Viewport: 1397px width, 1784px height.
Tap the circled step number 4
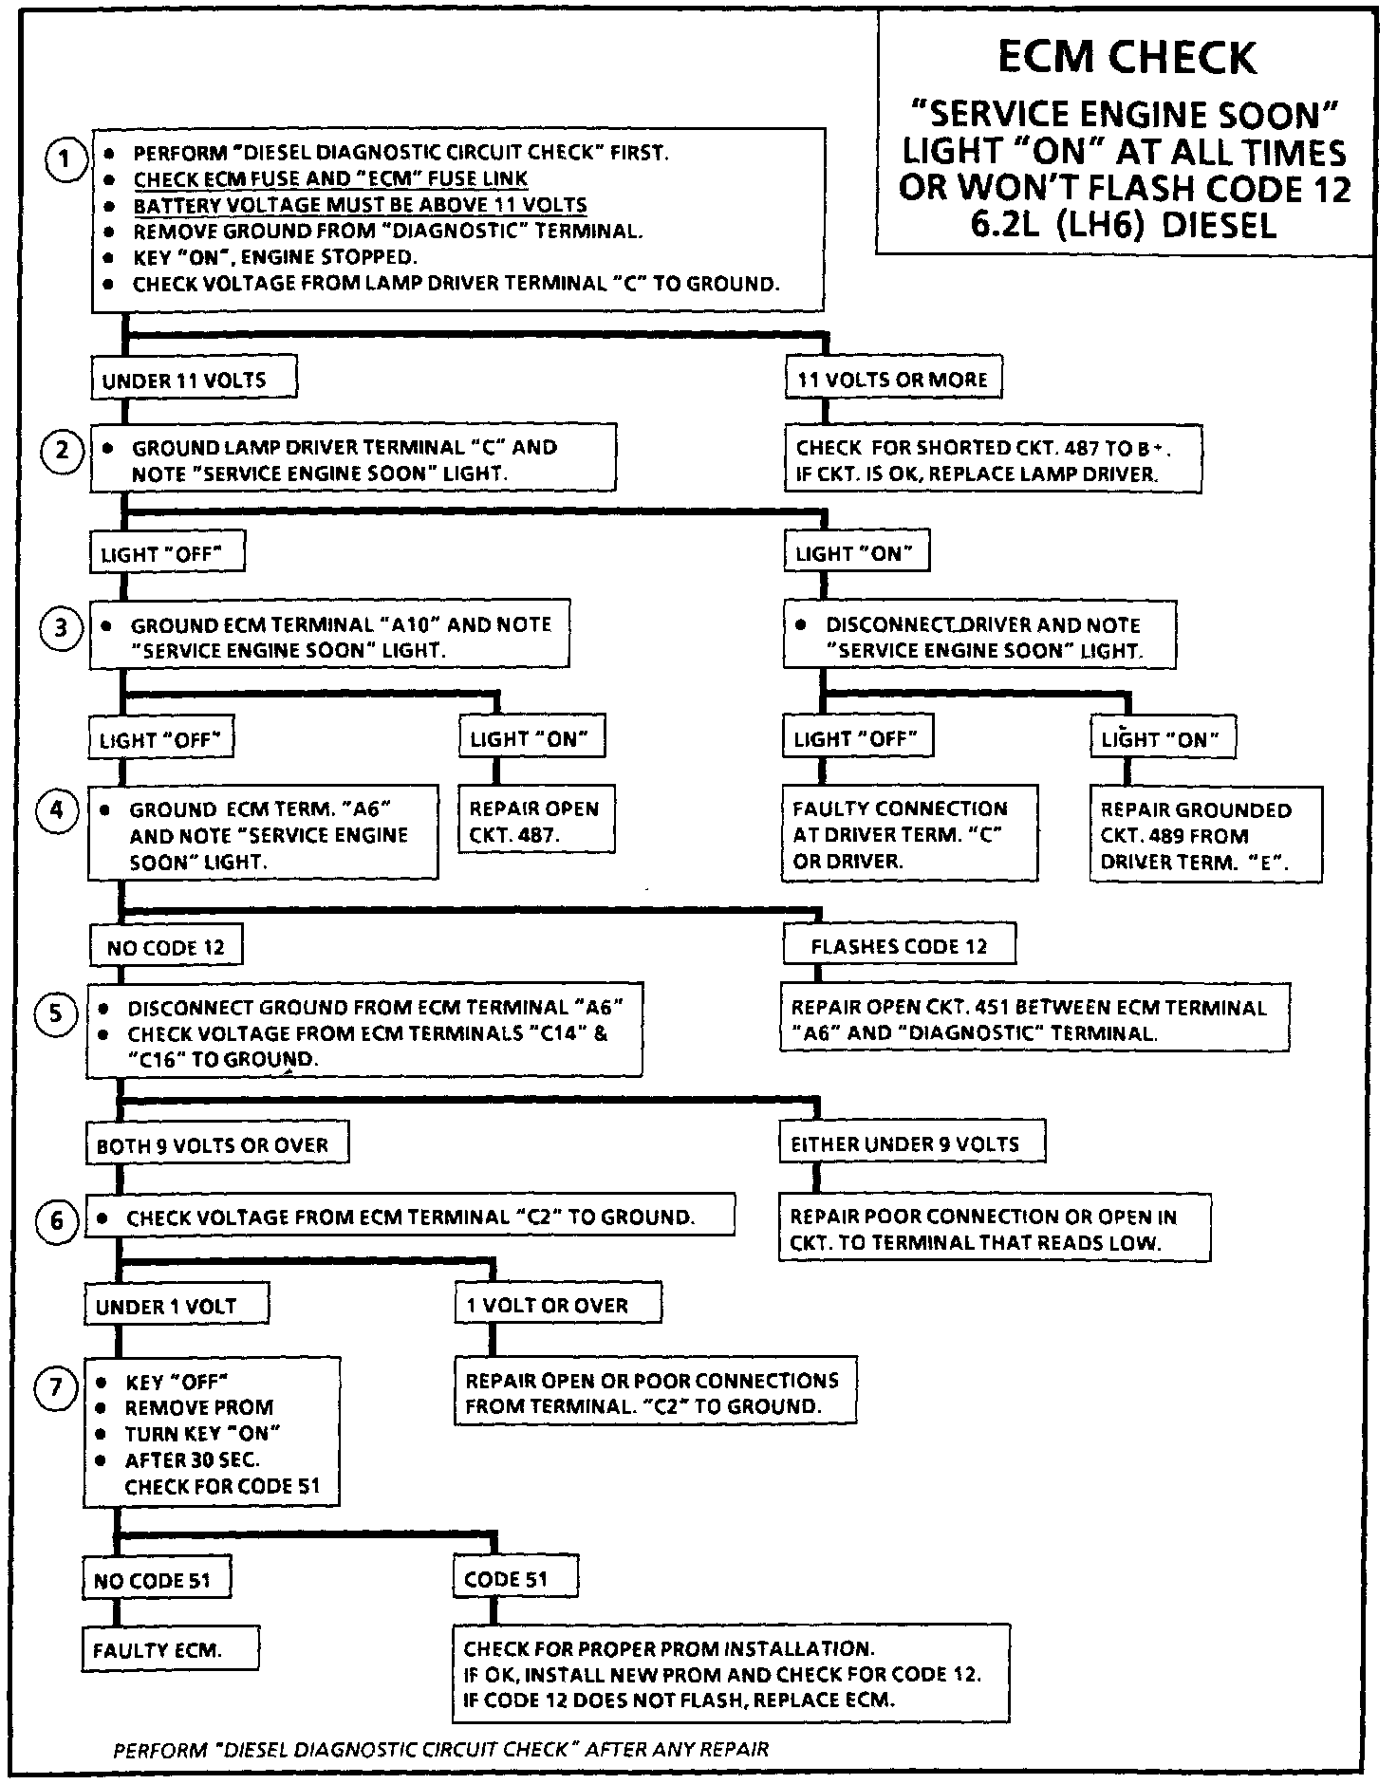57,812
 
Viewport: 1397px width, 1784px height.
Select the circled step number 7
56,1388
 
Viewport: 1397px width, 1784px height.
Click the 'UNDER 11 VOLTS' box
194,380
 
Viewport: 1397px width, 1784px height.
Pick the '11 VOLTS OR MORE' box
893,380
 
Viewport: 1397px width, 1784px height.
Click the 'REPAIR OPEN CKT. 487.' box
536,821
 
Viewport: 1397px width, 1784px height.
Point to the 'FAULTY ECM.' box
170,1649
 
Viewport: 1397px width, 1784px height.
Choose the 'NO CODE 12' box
166,947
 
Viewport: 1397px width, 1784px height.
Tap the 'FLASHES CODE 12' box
899,945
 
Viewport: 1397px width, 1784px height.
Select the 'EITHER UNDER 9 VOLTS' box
911,1143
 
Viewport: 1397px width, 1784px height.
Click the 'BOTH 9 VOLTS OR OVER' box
215,1144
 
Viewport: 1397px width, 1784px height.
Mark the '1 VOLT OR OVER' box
557,1305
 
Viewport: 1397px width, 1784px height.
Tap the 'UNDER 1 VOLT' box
176,1306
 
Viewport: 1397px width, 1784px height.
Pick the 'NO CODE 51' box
158,1579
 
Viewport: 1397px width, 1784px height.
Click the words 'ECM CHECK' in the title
1127,58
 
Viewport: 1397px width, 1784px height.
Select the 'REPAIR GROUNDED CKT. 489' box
1205,835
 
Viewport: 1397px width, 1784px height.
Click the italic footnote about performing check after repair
440,1749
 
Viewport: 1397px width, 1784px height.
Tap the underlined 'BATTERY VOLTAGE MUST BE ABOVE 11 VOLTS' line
360,205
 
